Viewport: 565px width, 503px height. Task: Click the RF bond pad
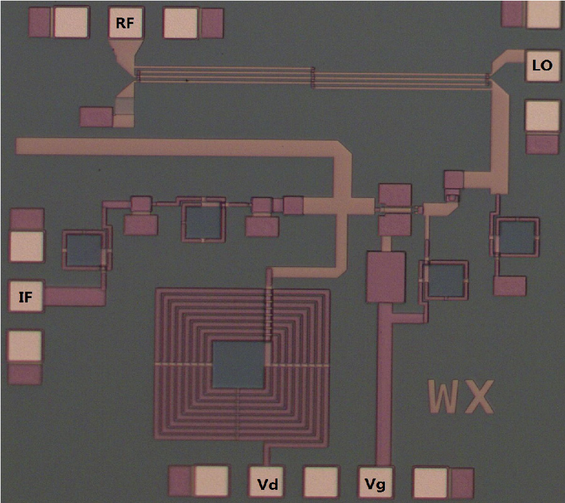coord(126,23)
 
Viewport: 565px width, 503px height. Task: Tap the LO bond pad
coord(542,65)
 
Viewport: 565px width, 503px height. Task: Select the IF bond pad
coord(26,296)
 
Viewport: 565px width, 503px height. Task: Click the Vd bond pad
coord(266,483)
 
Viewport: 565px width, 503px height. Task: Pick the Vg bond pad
coord(375,483)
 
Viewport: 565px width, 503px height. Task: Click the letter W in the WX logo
coord(444,397)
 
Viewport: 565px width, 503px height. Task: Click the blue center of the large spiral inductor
coord(238,365)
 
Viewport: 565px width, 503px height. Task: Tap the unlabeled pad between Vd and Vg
coord(321,483)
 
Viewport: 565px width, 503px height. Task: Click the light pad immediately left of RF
coord(71,23)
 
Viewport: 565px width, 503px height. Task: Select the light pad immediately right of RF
coord(181,23)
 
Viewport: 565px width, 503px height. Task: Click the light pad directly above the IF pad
coord(26,246)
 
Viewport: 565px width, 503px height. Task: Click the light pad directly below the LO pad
coord(542,116)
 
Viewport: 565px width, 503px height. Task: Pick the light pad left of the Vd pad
coord(212,482)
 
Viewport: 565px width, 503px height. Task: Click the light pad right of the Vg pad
coord(430,483)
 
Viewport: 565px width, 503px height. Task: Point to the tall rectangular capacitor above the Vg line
coord(386,277)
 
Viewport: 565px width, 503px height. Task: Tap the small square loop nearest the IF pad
coord(84,250)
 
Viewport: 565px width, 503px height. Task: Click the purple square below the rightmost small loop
coord(510,286)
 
